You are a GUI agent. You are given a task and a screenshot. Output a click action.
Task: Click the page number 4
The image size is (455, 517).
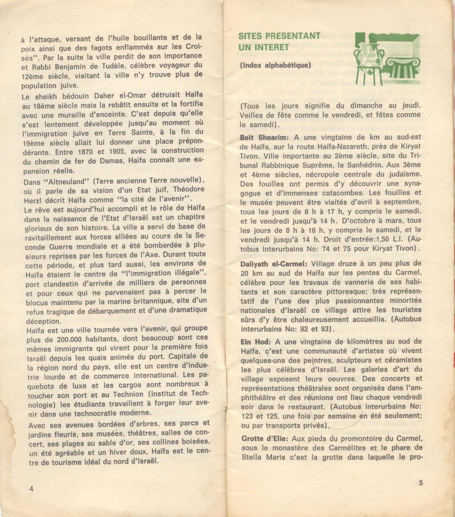(x=31, y=488)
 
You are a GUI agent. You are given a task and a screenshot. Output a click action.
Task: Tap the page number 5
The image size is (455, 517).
(x=420, y=483)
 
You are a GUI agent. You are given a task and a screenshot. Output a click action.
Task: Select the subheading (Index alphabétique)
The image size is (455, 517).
(x=275, y=65)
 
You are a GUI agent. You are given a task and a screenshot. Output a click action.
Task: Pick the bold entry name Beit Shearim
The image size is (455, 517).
(x=265, y=137)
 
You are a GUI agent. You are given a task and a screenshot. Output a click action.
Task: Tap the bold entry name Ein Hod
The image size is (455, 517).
(x=255, y=341)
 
